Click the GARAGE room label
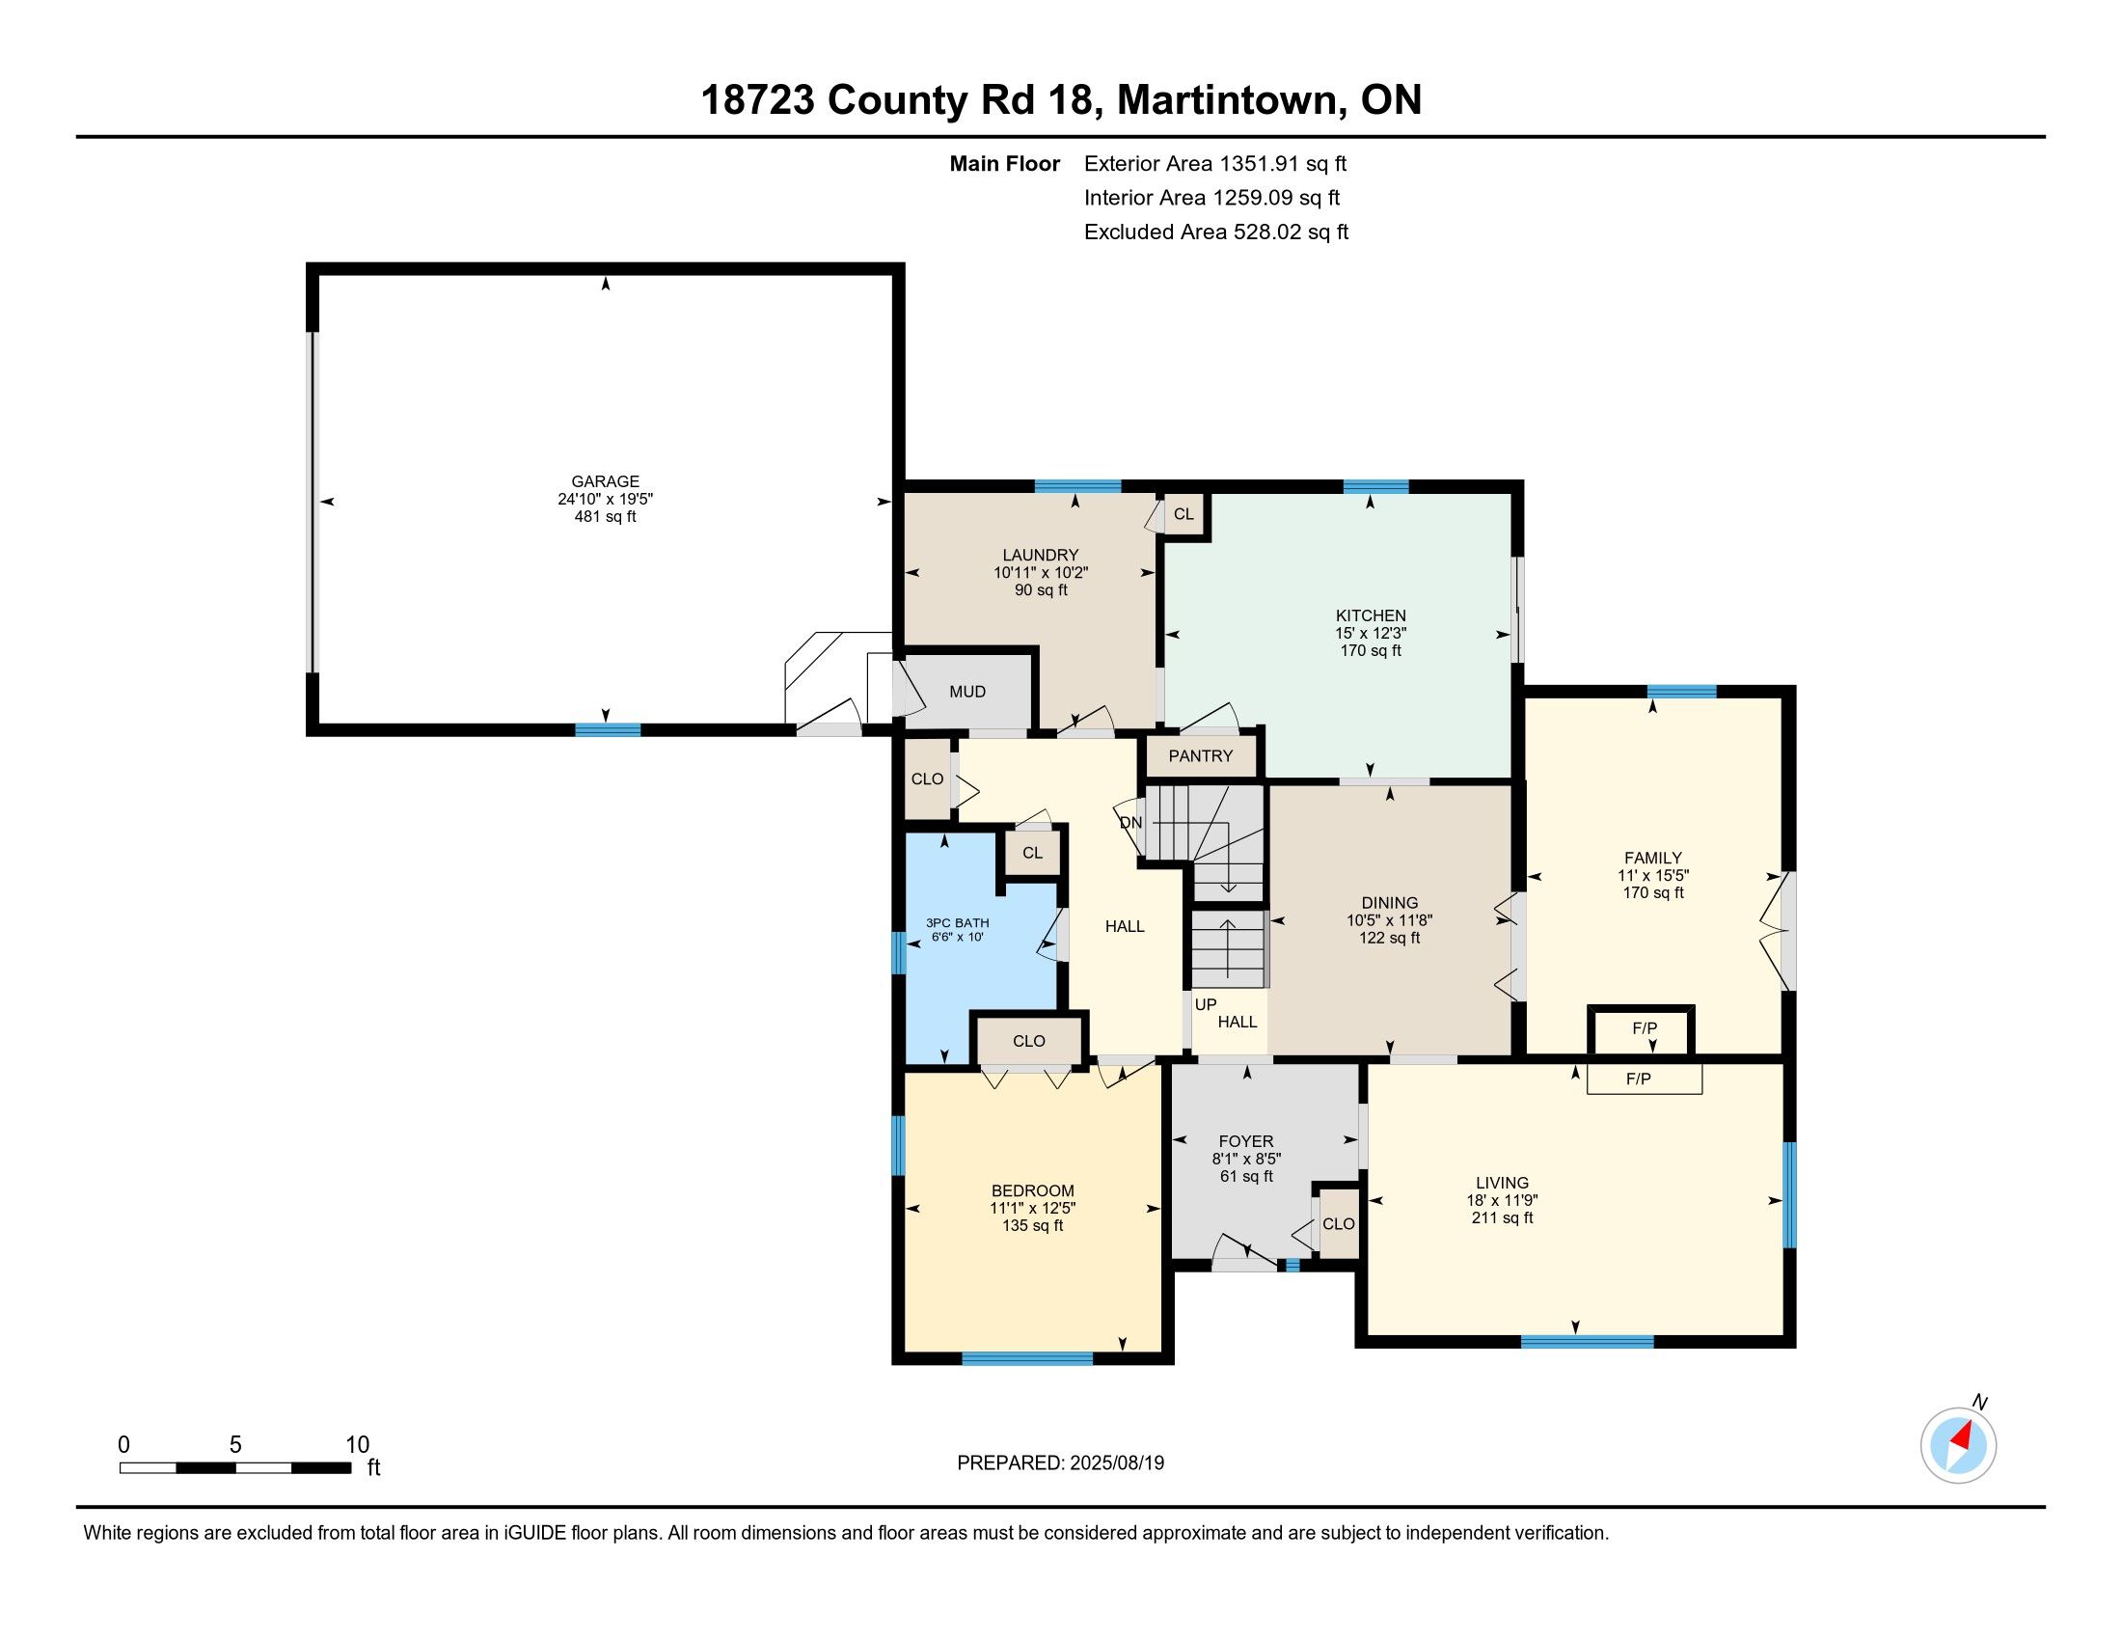[606, 481]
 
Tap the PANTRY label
[1201, 756]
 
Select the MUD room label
[967, 692]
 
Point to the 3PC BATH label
[957, 923]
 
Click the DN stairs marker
[1131, 823]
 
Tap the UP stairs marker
[1206, 1004]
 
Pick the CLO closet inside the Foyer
[1338, 1224]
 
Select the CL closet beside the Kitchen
[1183, 514]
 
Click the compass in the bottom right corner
[1959, 1445]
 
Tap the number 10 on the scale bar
[358, 1445]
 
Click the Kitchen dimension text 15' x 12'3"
[1371, 633]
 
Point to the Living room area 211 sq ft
[1502, 1218]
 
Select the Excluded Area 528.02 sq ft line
[1216, 232]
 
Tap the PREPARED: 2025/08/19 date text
[1061, 1463]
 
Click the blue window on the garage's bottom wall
[608, 729]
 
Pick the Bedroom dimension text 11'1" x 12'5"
[1033, 1209]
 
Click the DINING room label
[1389, 903]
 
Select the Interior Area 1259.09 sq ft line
[1211, 198]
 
